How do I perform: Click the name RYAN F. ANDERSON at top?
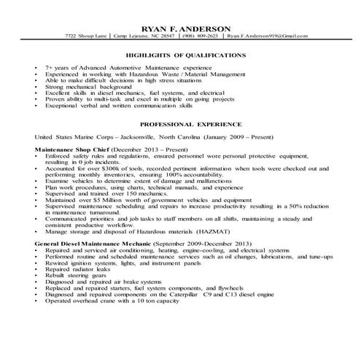pyautogui.click(x=180, y=27)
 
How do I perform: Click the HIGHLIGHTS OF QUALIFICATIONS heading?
pyautogui.click(x=180, y=55)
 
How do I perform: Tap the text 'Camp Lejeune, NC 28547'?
pyautogui.click(x=141, y=36)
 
